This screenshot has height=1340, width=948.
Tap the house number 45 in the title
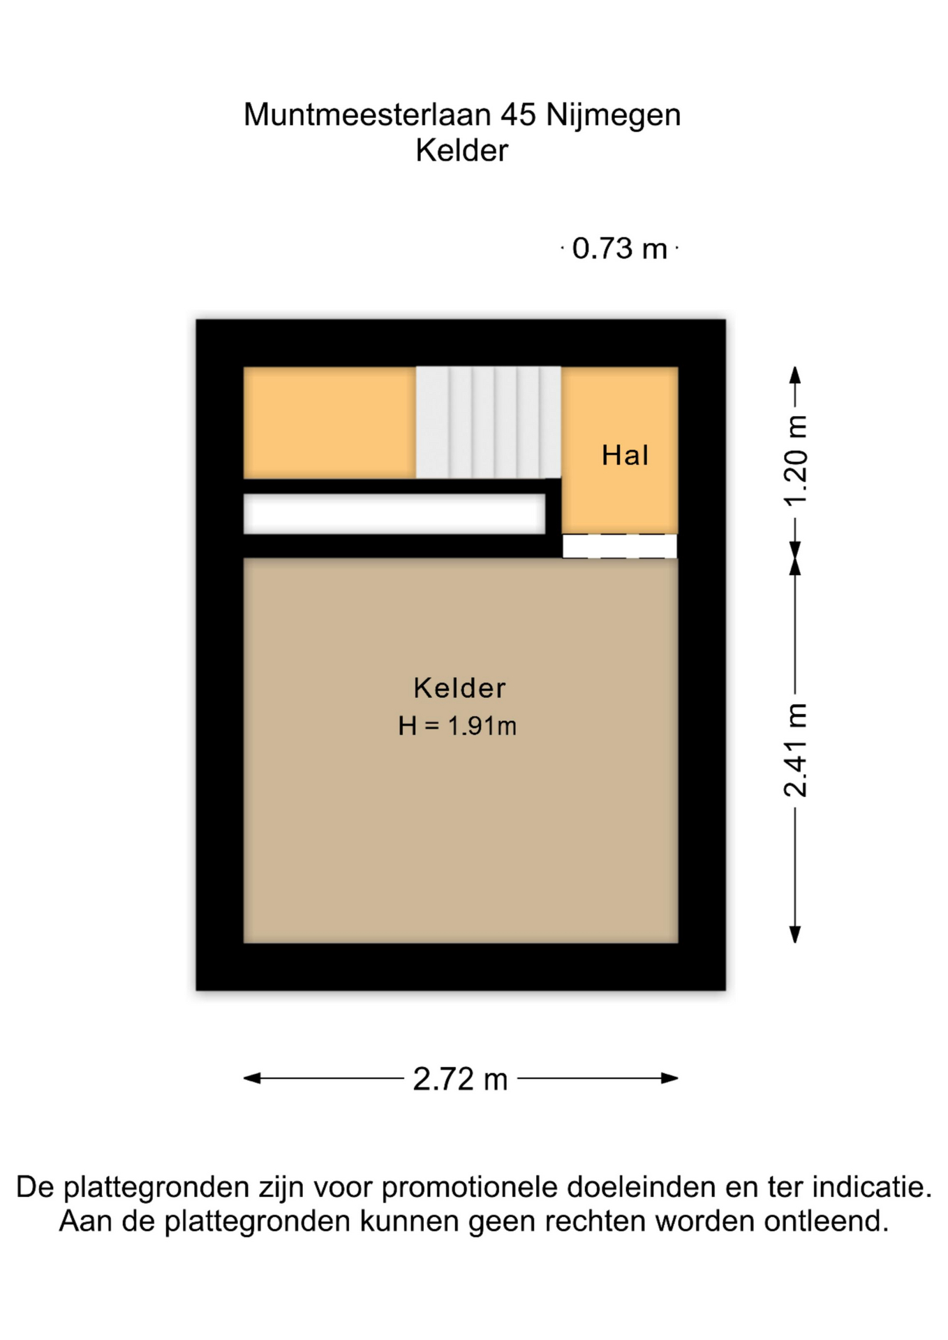519,114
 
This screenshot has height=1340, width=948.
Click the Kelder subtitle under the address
461,151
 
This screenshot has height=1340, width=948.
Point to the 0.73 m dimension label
619,248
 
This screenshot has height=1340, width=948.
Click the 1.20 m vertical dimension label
795,460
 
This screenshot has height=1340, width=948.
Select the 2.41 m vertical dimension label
795,750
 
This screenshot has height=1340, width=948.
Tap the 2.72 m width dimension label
460,1079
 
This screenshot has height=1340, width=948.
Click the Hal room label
625,455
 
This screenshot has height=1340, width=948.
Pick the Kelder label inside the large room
459,688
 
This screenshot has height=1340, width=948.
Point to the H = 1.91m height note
457,726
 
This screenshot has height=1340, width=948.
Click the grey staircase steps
488,422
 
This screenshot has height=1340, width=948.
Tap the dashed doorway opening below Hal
620,546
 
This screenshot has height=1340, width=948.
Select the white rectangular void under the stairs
394,514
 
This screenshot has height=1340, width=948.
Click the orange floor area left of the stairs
329,422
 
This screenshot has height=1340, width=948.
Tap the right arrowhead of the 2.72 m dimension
669,1078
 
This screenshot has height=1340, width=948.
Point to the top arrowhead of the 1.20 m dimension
795,375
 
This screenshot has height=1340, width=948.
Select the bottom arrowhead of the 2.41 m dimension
795,935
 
